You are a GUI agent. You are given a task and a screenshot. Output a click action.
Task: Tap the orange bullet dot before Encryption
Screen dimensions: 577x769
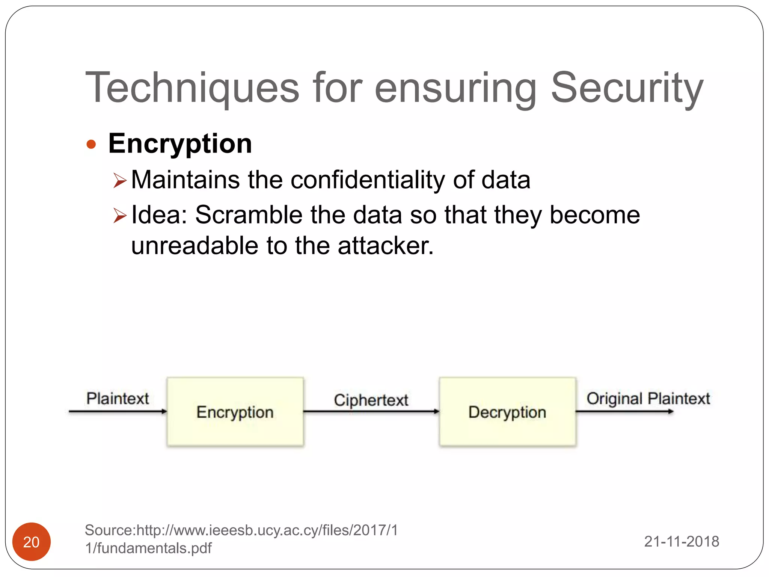tap(91, 144)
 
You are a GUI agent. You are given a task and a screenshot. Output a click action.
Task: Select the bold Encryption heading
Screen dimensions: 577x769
tap(180, 143)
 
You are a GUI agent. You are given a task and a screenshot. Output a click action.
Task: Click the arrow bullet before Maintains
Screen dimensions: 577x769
tap(120, 181)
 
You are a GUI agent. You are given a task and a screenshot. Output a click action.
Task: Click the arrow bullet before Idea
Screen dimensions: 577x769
tap(120, 216)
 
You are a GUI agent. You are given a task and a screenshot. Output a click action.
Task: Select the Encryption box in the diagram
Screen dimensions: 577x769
tap(235, 412)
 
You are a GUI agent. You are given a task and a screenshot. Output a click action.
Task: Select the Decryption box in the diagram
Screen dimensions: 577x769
tap(507, 412)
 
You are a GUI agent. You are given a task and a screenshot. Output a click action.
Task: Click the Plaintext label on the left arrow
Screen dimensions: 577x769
tap(118, 398)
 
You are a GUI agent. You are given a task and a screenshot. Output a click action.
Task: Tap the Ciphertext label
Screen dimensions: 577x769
tap(371, 400)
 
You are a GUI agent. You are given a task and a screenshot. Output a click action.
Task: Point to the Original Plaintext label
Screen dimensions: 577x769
tap(648, 398)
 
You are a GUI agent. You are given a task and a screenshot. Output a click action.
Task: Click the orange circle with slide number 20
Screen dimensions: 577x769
tap(32, 542)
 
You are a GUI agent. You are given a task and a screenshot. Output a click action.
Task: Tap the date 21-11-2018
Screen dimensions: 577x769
tap(682, 541)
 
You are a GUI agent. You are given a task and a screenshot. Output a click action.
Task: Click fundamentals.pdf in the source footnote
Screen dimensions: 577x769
tap(154, 548)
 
